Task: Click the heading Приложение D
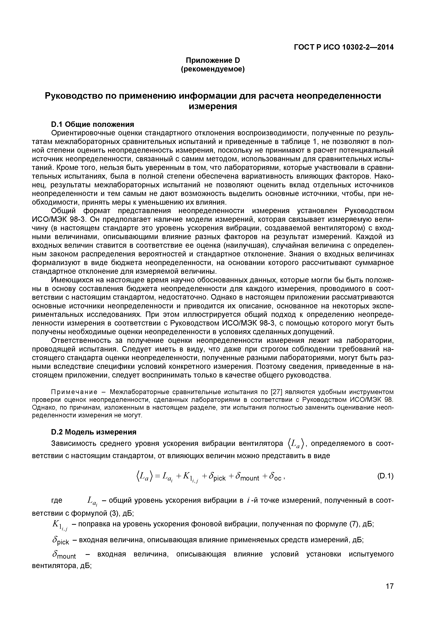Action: tap(213, 60)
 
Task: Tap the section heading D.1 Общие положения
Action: tap(93, 124)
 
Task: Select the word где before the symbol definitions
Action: tap(57, 500)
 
